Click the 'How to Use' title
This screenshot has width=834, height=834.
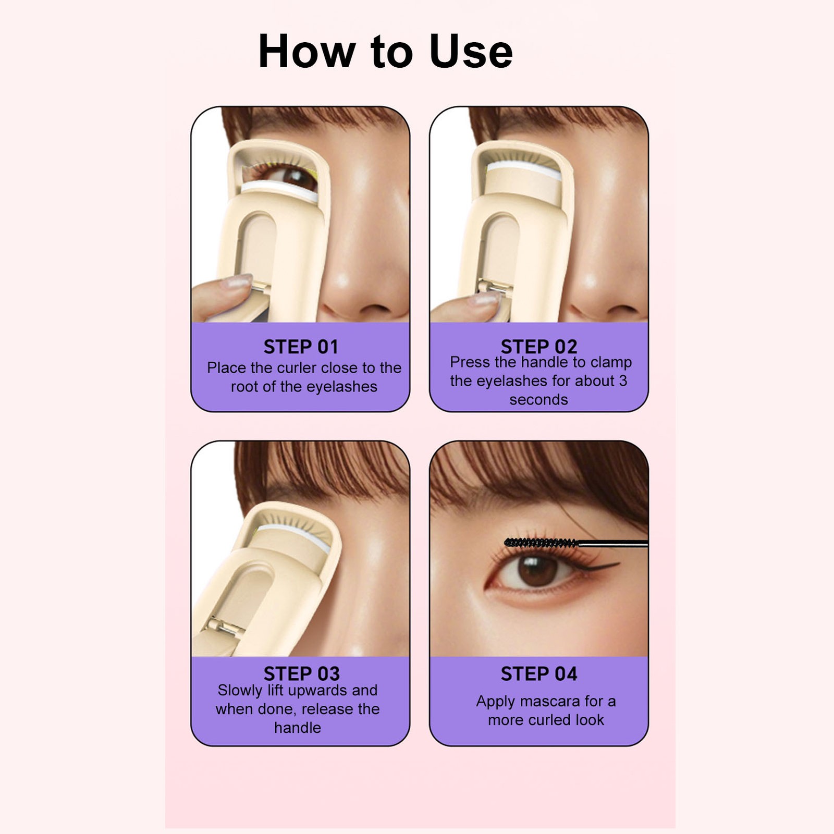[386, 51]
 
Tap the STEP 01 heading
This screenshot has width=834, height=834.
[301, 347]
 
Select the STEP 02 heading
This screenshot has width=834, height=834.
[539, 347]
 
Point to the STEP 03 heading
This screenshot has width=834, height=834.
[301, 673]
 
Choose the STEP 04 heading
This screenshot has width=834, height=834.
[539, 673]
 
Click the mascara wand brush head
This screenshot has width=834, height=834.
[541, 543]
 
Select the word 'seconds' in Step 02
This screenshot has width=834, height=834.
[538, 400]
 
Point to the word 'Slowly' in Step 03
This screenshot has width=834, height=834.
[239, 691]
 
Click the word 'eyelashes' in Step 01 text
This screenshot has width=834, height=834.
[341, 387]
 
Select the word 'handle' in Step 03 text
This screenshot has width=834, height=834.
[298, 728]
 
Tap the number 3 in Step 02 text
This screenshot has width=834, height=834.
[623, 381]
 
